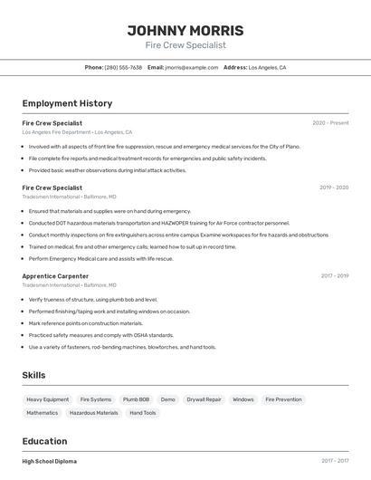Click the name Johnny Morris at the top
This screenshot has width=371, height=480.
click(185, 30)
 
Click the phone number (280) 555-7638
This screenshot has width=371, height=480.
click(123, 67)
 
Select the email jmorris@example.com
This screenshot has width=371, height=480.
click(192, 67)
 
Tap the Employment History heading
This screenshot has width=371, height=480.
click(67, 103)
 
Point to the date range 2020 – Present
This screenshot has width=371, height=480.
click(330, 123)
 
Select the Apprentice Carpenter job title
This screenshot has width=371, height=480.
click(55, 276)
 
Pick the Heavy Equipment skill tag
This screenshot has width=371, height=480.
click(47, 399)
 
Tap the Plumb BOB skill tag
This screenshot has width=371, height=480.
click(137, 399)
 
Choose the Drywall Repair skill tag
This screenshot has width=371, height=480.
click(204, 399)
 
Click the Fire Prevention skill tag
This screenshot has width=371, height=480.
click(283, 399)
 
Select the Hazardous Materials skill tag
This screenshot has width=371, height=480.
click(94, 413)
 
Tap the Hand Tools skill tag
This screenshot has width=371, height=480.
click(143, 413)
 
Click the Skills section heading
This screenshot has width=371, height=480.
click(33, 375)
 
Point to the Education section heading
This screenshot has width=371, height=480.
click(45, 442)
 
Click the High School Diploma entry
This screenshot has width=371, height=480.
click(49, 461)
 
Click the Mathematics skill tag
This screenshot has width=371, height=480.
click(42, 413)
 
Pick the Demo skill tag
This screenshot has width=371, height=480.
click(168, 399)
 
